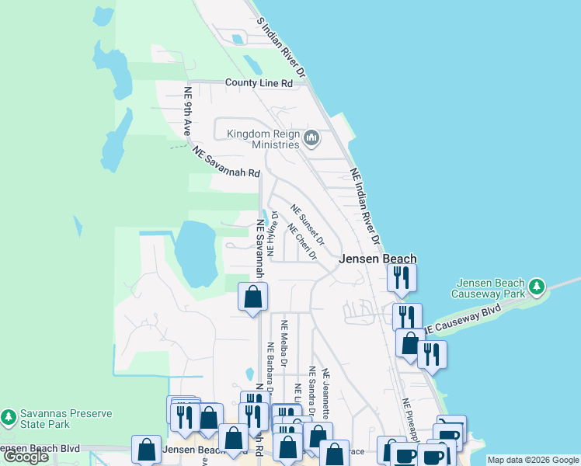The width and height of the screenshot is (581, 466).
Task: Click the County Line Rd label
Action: point(259,82)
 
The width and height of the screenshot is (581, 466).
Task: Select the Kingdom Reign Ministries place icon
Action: point(311,139)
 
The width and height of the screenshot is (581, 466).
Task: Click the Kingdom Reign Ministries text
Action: point(263,139)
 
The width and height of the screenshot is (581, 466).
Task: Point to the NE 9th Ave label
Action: point(187,112)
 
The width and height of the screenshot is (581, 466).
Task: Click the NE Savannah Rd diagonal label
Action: point(226,163)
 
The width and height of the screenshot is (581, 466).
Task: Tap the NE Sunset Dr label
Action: point(308,223)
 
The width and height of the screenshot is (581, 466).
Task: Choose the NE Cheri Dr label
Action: point(303,242)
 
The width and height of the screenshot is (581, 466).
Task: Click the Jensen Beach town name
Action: point(377,259)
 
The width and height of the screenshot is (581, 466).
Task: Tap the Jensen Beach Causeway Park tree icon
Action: point(537,287)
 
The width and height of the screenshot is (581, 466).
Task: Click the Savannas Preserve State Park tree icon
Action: point(9,418)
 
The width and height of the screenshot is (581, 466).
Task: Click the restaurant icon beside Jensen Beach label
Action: point(402,277)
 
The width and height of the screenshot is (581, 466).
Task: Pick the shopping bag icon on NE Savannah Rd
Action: point(252,296)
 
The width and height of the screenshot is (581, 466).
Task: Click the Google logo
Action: point(26,457)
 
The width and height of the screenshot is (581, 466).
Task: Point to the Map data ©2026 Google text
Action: point(532,460)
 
